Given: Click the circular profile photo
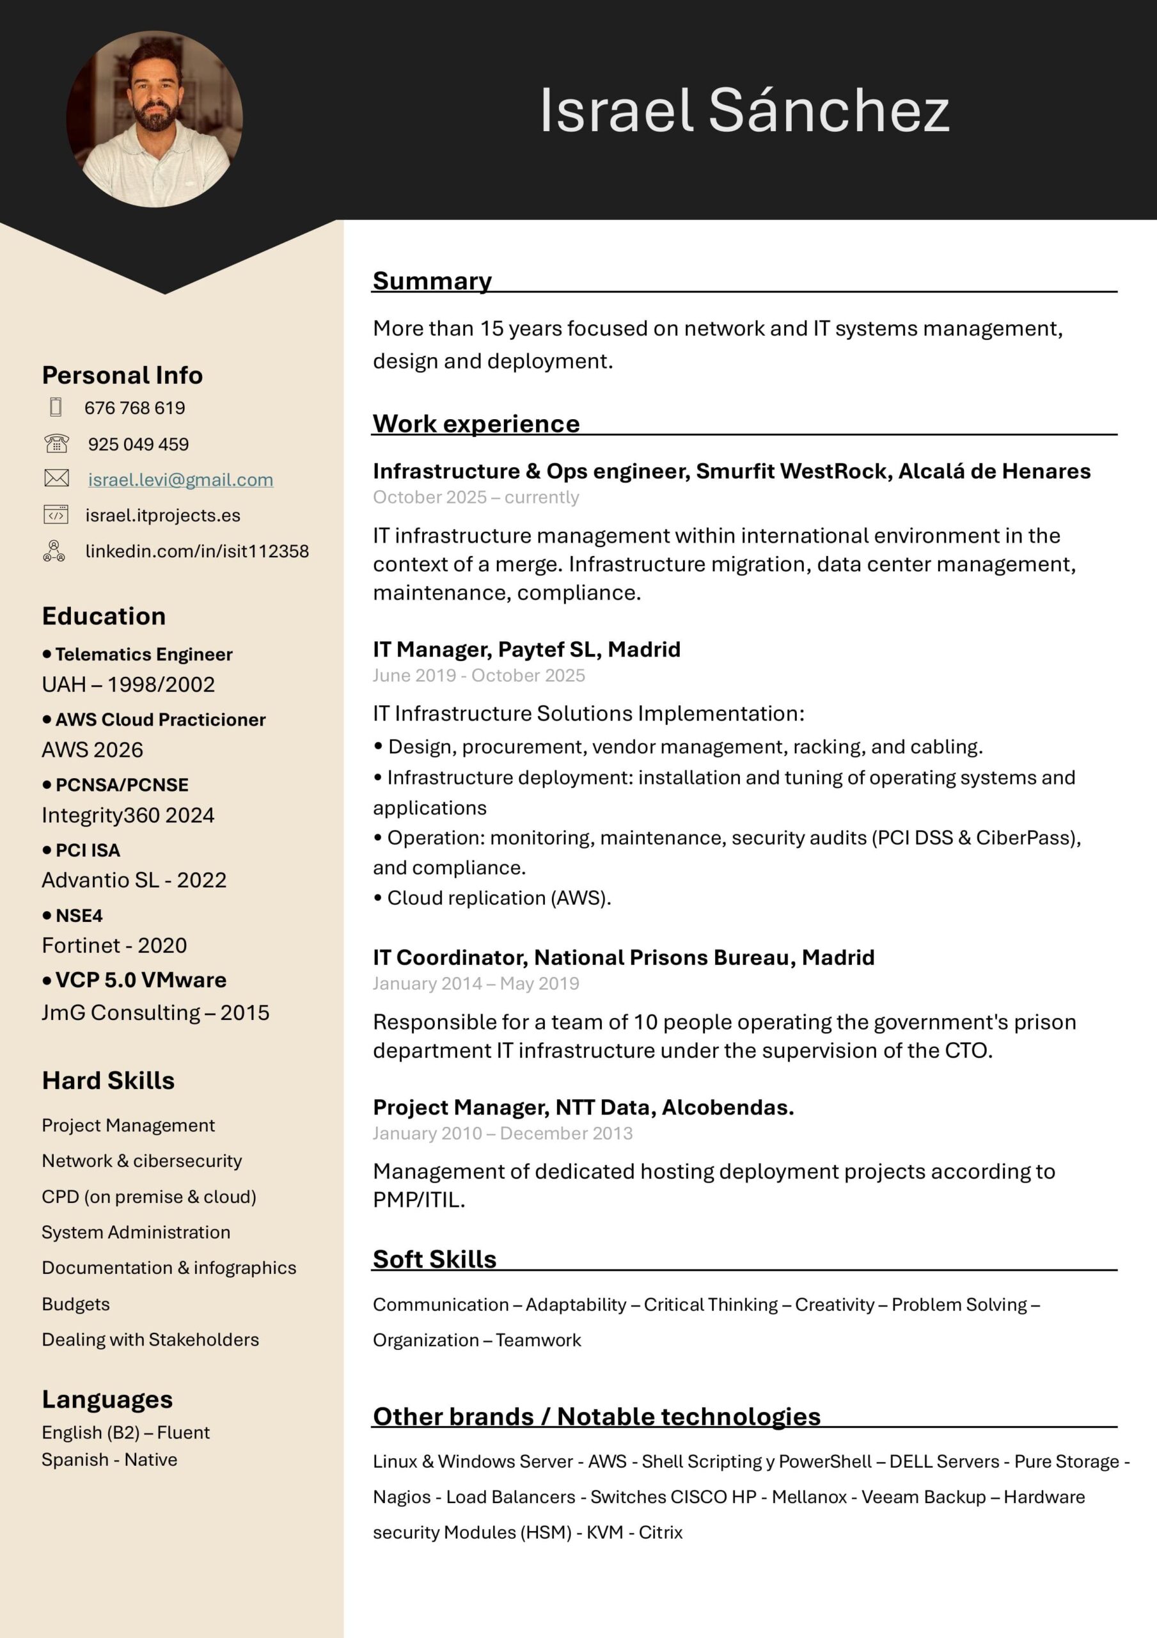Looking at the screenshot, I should pyautogui.click(x=154, y=119).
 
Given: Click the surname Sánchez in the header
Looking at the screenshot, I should pyautogui.click(x=828, y=111).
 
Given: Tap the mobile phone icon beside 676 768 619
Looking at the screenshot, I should pyautogui.click(x=56, y=407).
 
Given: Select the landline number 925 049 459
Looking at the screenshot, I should pyautogui.click(x=138, y=444).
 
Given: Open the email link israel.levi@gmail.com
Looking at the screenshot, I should pyautogui.click(x=180, y=479).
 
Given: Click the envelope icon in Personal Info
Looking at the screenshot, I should pyautogui.click(x=56, y=478).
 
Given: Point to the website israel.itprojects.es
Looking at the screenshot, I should pyautogui.click(x=162, y=515).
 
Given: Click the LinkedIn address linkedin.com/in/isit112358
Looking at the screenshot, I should pyautogui.click(x=197, y=551).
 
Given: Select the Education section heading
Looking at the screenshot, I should pyautogui.click(x=104, y=616).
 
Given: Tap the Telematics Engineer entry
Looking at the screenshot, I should pyautogui.click(x=143, y=654).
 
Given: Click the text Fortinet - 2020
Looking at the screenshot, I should pyautogui.click(x=114, y=945).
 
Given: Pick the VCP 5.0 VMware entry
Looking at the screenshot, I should pyautogui.click(x=141, y=980).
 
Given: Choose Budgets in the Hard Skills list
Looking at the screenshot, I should pyautogui.click(x=75, y=1303).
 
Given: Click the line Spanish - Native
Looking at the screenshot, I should pyautogui.click(x=109, y=1459).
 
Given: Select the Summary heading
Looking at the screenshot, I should pyautogui.click(x=432, y=280).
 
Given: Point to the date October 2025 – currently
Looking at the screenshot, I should pyautogui.click(x=476, y=497).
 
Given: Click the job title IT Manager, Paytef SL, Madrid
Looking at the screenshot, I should pyautogui.click(x=526, y=649).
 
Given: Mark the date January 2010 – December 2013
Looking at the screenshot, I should pyautogui.click(x=502, y=1133).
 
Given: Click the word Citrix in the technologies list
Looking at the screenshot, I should pyautogui.click(x=661, y=1532).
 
